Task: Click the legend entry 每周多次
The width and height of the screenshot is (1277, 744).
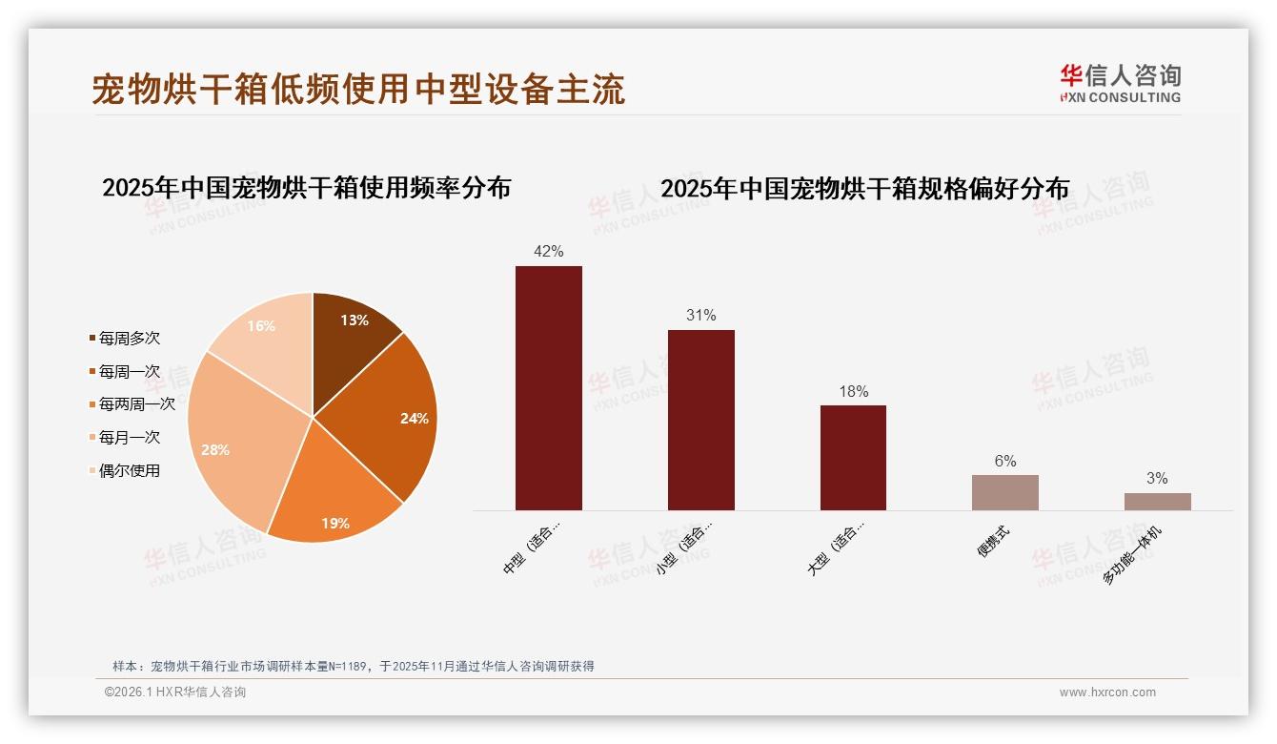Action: pos(129,338)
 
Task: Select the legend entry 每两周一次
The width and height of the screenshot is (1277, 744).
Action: pos(136,404)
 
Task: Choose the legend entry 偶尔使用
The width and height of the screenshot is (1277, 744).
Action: pos(129,470)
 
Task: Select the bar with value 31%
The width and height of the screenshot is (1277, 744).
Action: pos(700,420)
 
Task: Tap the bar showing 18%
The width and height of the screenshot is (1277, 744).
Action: pos(853,458)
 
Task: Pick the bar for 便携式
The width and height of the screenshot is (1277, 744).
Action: pos(1005,492)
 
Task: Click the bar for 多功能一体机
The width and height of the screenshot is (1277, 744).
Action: pos(1157,502)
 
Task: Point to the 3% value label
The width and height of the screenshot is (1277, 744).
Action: pos(1157,479)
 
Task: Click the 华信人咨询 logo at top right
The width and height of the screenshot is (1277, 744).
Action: pos(1120,84)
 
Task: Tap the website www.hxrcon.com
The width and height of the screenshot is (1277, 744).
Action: pos(1107,692)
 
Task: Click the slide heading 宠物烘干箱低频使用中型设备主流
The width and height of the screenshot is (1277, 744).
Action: pos(358,89)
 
